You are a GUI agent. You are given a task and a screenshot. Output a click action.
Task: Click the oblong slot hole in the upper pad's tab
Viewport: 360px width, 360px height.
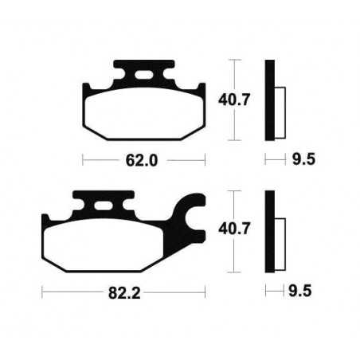tap(145, 77)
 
